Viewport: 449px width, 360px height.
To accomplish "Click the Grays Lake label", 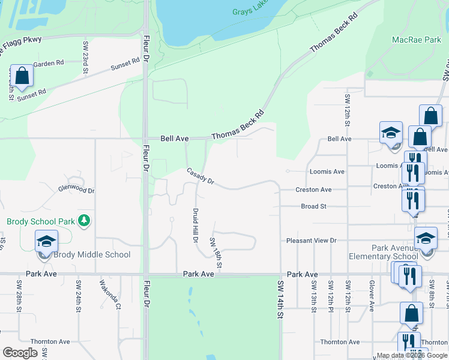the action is (x=249, y=11).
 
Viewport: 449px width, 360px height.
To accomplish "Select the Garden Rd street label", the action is (x=49, y=63).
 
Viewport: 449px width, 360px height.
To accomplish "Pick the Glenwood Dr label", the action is (x=76, y=190).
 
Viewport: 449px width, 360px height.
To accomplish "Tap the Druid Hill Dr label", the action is (x=195, y=226).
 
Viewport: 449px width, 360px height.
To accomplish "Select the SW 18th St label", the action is (x=216, y=253).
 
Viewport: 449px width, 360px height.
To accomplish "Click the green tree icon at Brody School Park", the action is (x=84, y=221).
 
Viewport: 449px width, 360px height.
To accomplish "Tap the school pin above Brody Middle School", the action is (x=46, y=242).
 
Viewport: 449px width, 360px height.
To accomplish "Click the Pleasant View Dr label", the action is (x=312, y=241).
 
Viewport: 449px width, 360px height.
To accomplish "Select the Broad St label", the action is (x=313, y=206).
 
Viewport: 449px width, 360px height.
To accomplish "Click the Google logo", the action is (x=20, y=353).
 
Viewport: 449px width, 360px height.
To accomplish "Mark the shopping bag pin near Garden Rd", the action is (x=22, y=76).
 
